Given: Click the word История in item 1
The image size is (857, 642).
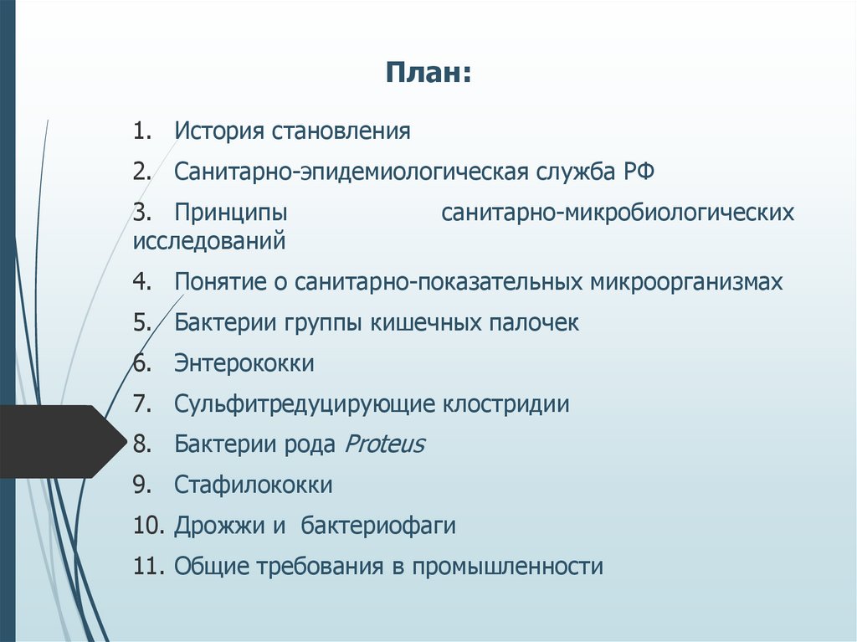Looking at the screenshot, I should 219,131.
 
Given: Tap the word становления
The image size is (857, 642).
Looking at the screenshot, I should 341,131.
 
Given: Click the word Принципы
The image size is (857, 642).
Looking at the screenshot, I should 230,213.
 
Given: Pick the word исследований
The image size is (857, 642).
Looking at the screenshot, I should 208,242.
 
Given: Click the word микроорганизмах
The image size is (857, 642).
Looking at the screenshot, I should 686,282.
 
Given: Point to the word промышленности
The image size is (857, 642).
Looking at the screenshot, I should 508,567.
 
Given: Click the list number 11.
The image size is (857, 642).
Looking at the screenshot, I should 146,567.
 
